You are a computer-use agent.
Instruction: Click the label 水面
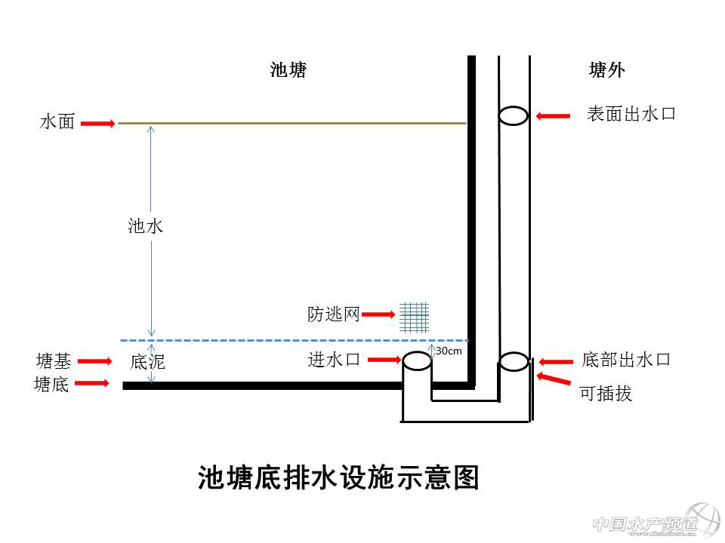pos(57,121)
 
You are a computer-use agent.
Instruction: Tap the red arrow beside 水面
pos(97,122)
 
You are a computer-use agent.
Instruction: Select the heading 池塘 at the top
pos(288,70)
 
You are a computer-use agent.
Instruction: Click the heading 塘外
pos(607,70)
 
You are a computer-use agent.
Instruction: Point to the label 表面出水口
pos(631,115)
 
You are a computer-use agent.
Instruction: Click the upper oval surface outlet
pos(514,115)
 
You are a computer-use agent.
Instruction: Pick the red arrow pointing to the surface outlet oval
pos(553,115)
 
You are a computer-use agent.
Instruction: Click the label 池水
pos(145,225)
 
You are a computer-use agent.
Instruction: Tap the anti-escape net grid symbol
pos(414,317)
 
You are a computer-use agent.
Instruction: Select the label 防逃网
pos(333,314)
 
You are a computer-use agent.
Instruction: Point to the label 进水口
pos(333,360)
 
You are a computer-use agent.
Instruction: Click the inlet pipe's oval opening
pos(416,360)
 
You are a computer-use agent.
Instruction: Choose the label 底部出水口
pos(627,360)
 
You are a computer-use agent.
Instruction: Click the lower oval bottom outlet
pos(514,362)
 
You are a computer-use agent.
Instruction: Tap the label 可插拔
pos(606,393)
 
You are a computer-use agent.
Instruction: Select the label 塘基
pos(54,360)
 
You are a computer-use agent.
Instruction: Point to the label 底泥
pos(147,362)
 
